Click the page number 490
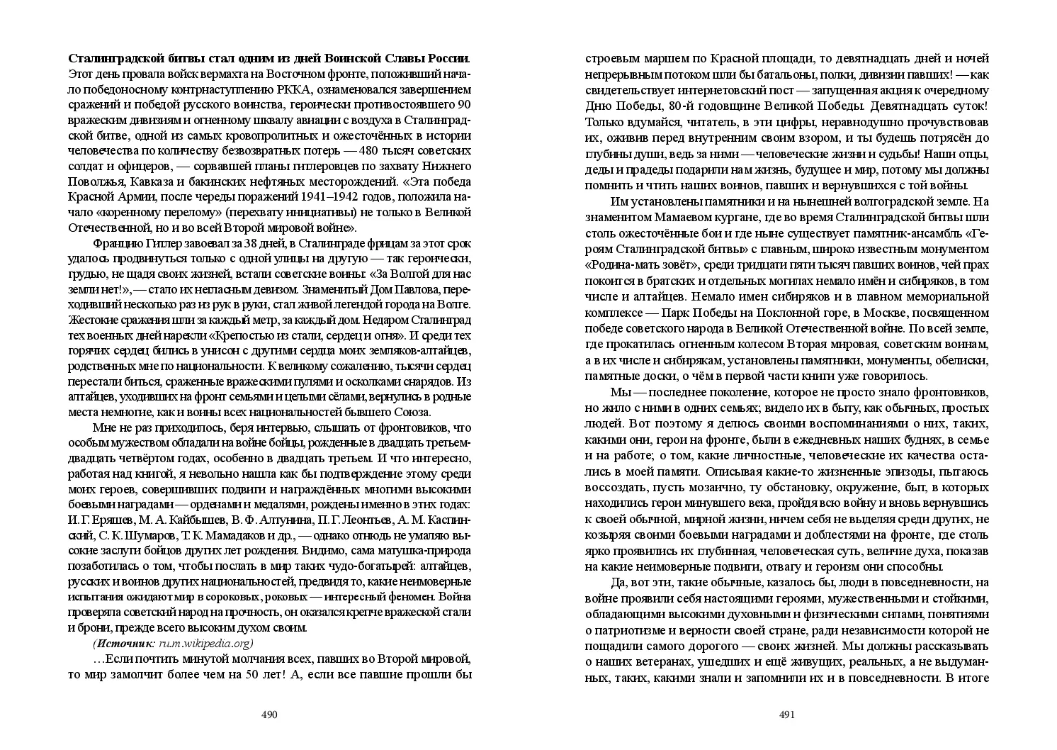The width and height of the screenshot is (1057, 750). point(269,715)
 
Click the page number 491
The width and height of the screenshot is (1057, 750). point(787,715)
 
